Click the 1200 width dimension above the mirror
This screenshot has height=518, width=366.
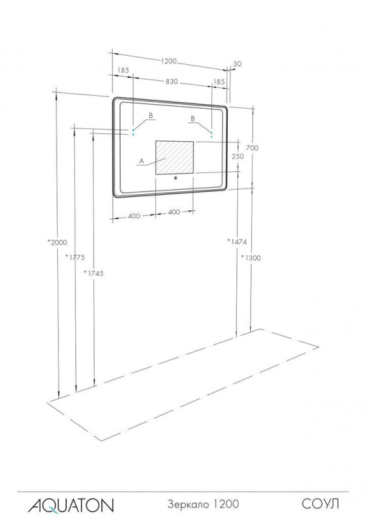169,62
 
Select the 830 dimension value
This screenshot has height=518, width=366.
171,82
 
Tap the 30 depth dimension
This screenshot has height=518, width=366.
238,64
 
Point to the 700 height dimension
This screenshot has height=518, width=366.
252,148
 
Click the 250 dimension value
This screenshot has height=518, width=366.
238,156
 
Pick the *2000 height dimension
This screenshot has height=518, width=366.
57,242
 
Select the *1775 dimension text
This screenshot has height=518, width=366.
75,257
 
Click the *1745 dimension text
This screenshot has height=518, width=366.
93,273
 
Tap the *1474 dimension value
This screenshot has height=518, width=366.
237,242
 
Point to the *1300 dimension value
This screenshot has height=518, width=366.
250,258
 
